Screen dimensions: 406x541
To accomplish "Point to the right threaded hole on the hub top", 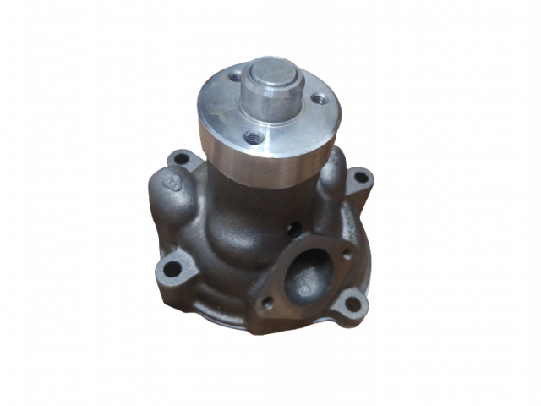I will pos(318,100).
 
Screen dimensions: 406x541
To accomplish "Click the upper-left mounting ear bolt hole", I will pos(180,158).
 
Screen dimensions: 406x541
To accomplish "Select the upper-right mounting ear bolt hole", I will pos(360,178).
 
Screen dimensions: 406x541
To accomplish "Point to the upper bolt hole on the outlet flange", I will pos(345,253).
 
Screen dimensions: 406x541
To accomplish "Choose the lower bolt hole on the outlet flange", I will pos(268,302).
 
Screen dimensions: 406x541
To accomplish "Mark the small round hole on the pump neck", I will pos(292,228).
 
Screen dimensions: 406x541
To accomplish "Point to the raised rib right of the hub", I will pos(334,173).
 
